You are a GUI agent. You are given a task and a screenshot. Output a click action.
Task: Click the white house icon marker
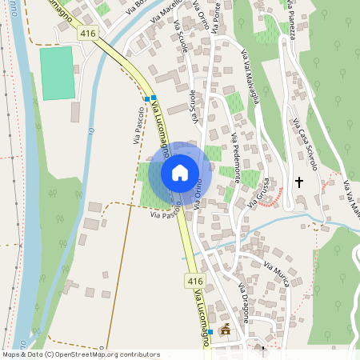[180, 173]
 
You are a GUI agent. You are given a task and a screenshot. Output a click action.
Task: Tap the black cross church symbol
[300, 182]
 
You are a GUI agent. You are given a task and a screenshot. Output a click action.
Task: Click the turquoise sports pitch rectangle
[57, 73]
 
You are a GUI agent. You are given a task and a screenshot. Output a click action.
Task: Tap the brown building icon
[226, 328]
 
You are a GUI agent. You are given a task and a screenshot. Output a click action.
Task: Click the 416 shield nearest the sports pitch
[87, 33]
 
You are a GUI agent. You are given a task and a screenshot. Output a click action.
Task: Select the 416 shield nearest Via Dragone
[195, 281]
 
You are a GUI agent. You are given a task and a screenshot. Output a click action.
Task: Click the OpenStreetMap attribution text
[81, 354]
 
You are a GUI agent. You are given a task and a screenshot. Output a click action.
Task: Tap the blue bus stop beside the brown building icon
[210, 332]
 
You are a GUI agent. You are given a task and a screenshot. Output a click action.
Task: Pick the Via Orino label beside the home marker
[200, 194]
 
